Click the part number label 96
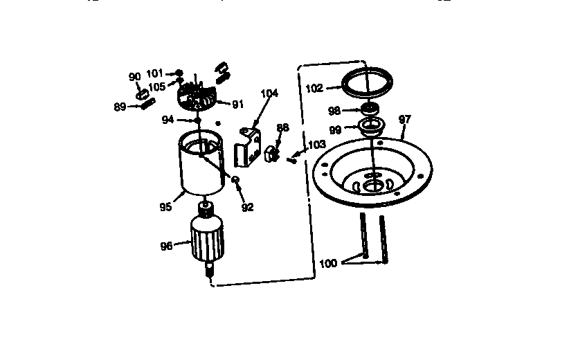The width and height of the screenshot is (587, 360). click(166, 244)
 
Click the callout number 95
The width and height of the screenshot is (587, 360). click(165, 206)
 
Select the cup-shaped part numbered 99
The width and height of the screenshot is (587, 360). click(371, 127)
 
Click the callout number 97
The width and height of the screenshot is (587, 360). click(405, 119)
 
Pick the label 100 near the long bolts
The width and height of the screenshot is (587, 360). click(329, 263)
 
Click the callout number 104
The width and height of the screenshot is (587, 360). click(269, 93)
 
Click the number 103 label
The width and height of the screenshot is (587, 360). click(316, 145)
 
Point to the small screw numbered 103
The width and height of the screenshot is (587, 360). click(292, 159)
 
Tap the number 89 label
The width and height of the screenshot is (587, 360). click(120, 106)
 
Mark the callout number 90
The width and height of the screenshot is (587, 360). click(134, 76)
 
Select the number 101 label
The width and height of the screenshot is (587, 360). click(154, 72)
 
